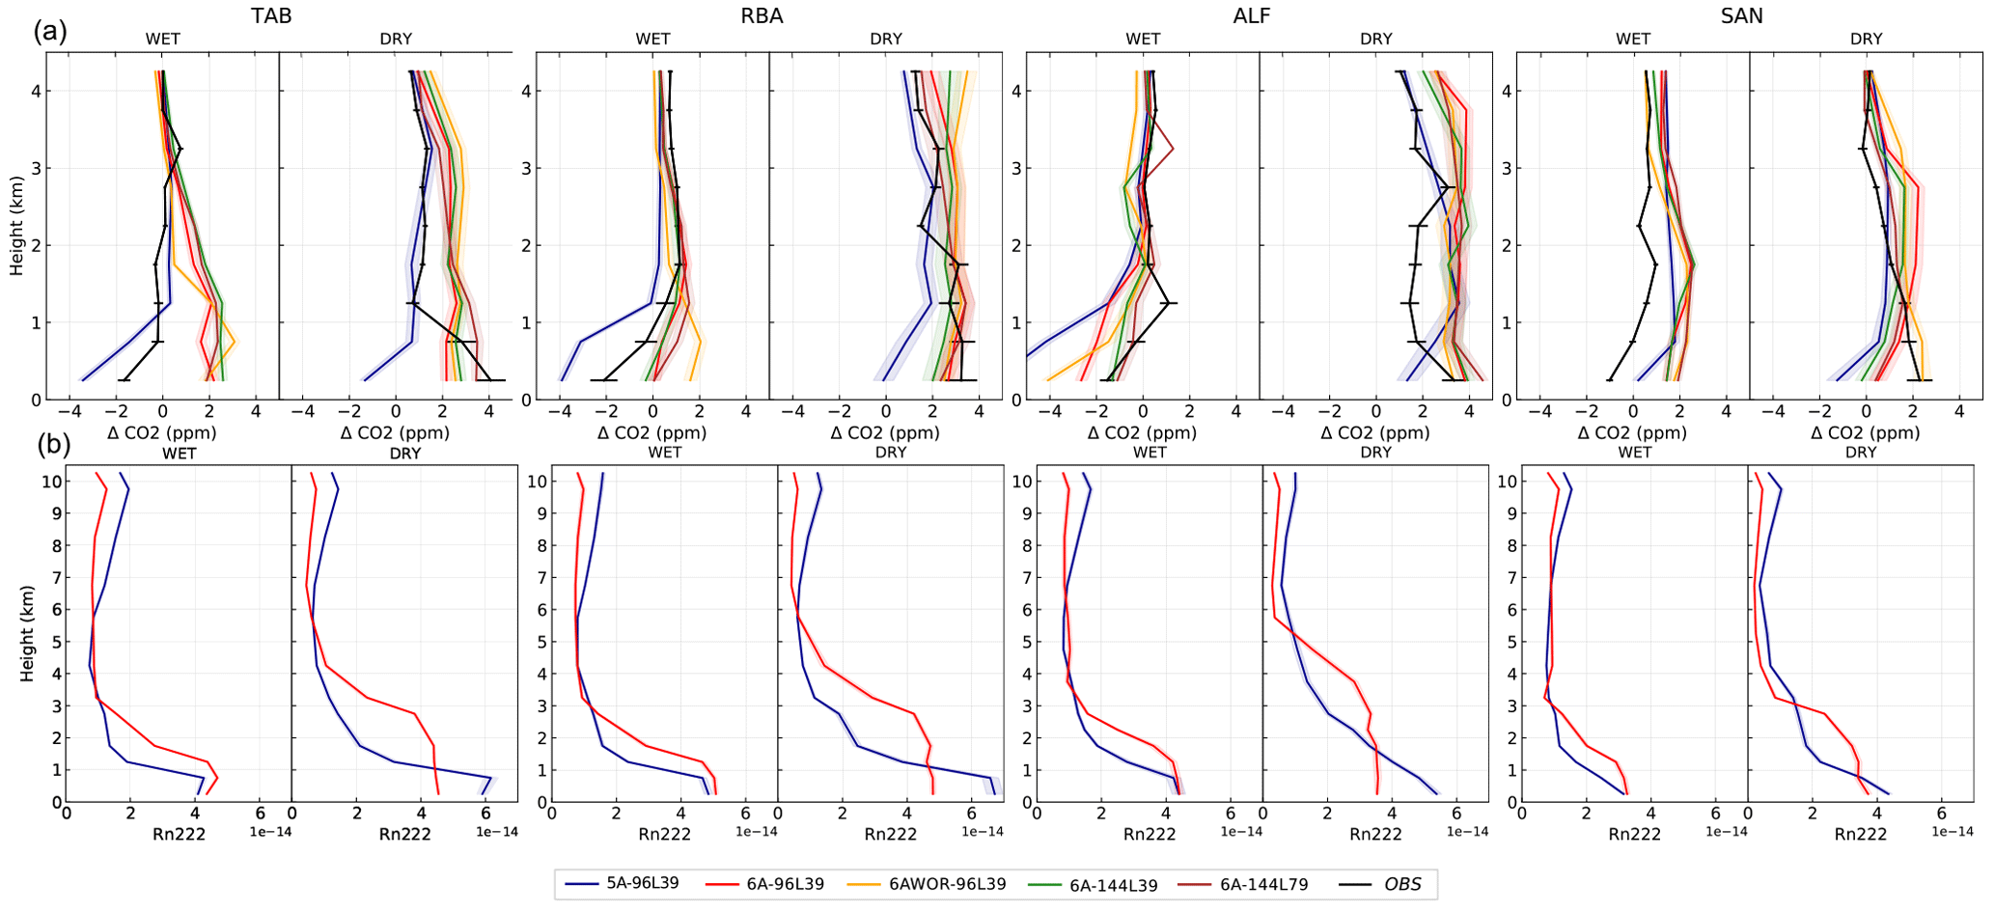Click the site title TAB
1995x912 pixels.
(271, 15)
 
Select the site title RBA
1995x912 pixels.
(762, 15)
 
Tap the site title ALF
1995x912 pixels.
(1252, 15)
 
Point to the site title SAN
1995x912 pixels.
(1742, 15)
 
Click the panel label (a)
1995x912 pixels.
(50, 31)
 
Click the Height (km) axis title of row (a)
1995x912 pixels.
(16, 226)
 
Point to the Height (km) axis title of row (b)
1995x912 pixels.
(27, 633)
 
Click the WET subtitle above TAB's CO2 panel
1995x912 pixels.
(163, 40)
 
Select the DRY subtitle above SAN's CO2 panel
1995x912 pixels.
(1866, 40)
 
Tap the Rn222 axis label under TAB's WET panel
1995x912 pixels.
(180, 834)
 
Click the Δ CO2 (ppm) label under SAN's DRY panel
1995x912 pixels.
(1866, 432)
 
